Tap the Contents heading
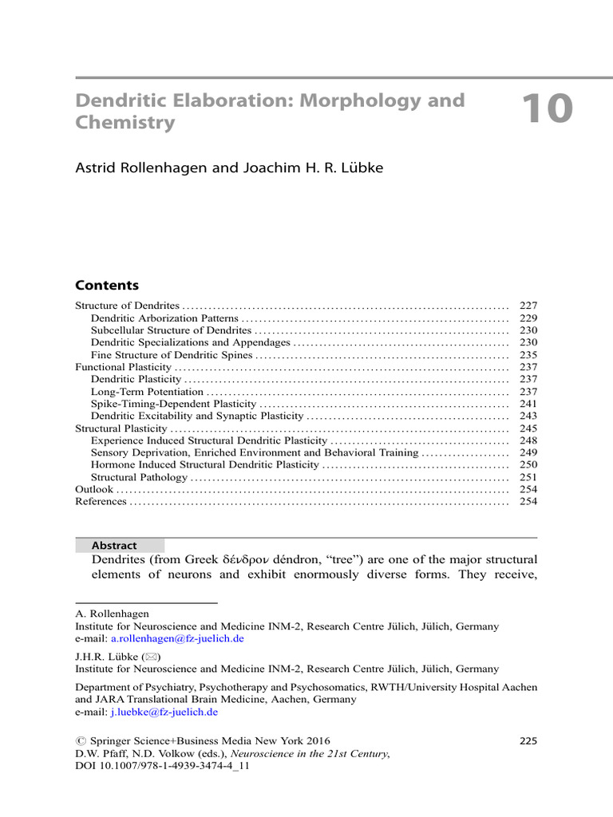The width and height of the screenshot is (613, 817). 107,286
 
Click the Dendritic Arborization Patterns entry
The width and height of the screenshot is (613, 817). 164,318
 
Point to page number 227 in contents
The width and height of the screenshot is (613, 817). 528,306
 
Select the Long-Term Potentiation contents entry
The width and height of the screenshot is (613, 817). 147,392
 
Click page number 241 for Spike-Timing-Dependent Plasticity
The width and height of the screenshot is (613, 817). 528,404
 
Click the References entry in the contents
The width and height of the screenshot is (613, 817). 101,502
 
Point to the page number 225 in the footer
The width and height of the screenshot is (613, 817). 528,740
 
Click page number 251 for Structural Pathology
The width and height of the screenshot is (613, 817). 528,477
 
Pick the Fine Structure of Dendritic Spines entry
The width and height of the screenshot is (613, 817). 172,355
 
